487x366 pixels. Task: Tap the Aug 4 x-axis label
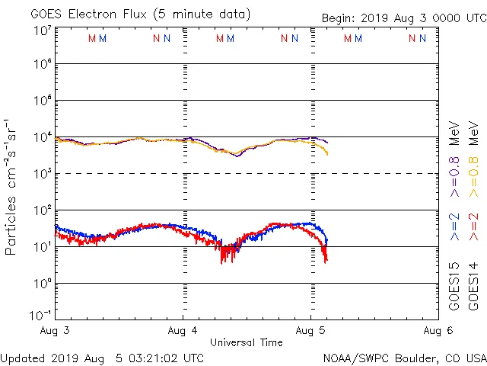(183, 330)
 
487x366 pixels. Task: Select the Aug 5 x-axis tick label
(310, 330)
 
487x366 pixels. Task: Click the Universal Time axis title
(246, 342)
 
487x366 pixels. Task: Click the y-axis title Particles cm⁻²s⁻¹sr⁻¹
(11, 186)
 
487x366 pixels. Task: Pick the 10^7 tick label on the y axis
(42, 30)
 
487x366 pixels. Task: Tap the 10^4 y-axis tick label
(42, 137)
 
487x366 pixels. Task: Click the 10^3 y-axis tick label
(42, 174)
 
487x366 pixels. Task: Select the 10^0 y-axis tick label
(42, 283)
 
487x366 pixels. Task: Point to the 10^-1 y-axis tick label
(40, 315)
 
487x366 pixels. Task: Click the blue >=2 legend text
(454, 227)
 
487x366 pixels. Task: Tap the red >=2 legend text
(473, 227)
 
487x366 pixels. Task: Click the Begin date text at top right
(403, 18)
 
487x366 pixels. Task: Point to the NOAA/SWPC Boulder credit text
(404, 358)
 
